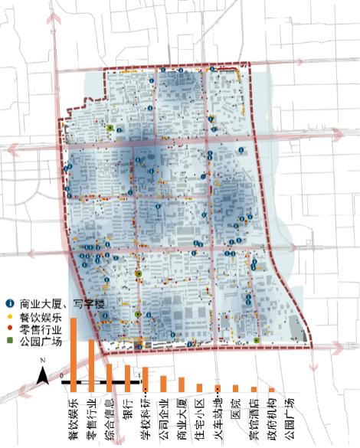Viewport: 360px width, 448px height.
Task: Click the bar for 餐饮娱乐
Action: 74,353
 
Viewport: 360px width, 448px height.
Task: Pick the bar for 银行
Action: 128,378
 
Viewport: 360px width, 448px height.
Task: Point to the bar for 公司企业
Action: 164,383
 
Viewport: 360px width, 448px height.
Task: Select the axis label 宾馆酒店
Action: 254,413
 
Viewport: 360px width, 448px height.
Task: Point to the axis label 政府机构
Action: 272,413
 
